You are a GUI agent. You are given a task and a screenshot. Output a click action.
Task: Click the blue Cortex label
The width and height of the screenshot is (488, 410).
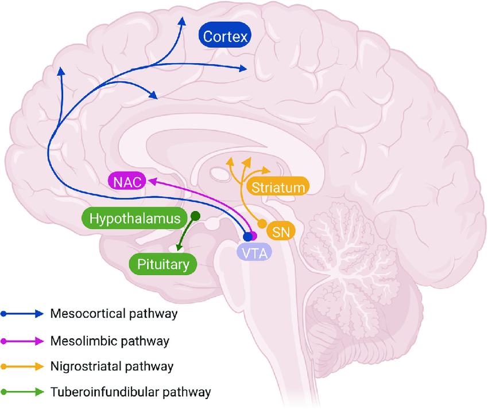[x=224, y=37]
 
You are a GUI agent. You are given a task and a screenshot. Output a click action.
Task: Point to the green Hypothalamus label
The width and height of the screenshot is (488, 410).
[x=135, y=219]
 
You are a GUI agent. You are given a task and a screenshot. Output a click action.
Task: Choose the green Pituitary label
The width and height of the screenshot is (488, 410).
[x=163, y=264]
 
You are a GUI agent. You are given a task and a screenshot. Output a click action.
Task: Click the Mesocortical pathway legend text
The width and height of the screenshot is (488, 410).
[x=114, y=314]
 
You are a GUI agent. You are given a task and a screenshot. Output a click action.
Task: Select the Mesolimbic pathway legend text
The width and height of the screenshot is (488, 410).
[x=110, y=341]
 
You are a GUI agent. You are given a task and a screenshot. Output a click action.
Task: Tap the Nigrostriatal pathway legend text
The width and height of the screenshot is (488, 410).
[x=112, y=365]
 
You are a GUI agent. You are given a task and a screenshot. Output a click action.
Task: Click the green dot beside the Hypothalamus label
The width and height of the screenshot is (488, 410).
[x=195, y=216]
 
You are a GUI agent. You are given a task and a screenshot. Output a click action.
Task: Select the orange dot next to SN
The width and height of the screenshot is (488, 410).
[x=262, y=223]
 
